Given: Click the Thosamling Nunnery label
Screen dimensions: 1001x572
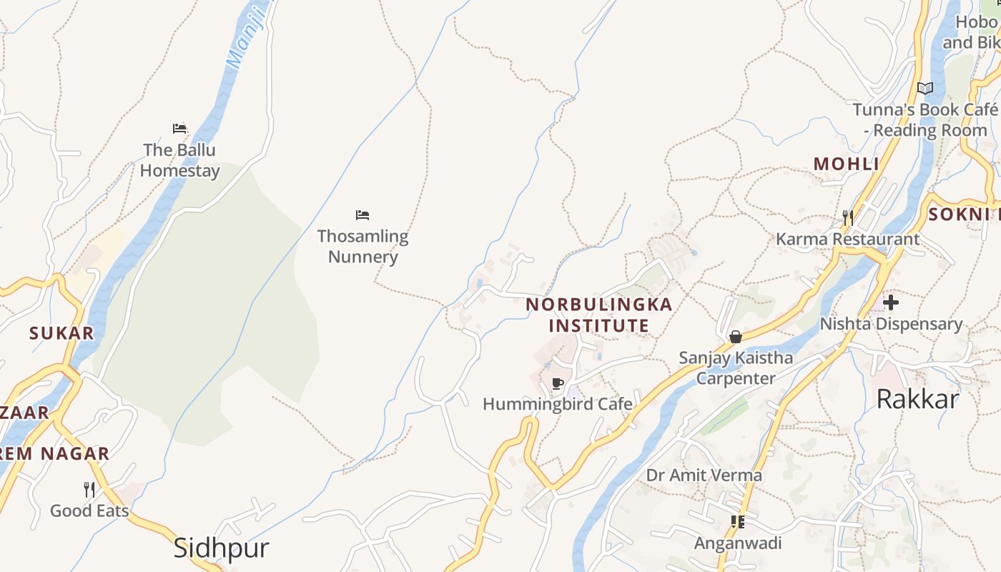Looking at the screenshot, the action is point(363,246).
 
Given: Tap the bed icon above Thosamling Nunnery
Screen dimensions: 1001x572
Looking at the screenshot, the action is point(363,215).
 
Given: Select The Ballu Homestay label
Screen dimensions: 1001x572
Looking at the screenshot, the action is point(179,160).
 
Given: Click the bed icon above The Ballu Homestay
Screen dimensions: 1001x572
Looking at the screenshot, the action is point(179,129).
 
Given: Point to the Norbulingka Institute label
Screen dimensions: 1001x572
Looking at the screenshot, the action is point(599,315).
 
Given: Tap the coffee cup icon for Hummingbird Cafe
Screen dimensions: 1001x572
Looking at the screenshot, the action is point(558,384).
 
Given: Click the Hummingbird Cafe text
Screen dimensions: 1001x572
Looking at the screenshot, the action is point(558,404).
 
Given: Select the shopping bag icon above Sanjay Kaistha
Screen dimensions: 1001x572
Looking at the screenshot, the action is point(735,337).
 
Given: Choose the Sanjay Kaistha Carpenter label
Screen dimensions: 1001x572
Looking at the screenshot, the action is point(736,368).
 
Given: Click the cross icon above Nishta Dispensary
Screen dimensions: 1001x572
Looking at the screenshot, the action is point(891,302).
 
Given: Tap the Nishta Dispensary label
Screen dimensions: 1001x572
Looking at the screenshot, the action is point(891,324).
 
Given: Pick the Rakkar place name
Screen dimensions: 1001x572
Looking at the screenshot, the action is point(917,399).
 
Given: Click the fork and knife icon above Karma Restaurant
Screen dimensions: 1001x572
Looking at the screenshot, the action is point(847,217).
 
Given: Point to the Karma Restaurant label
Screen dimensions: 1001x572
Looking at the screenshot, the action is point(847,239).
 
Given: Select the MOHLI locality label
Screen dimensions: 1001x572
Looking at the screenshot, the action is point(847,164).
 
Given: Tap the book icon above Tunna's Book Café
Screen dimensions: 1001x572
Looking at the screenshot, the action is point(925,89).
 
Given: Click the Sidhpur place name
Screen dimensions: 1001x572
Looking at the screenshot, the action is point(222,548).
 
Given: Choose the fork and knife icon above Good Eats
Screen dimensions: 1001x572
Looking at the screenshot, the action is point(89,490).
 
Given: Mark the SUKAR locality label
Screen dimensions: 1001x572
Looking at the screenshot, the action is point(61,332).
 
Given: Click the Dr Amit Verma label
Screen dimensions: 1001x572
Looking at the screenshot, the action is point(704,475).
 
